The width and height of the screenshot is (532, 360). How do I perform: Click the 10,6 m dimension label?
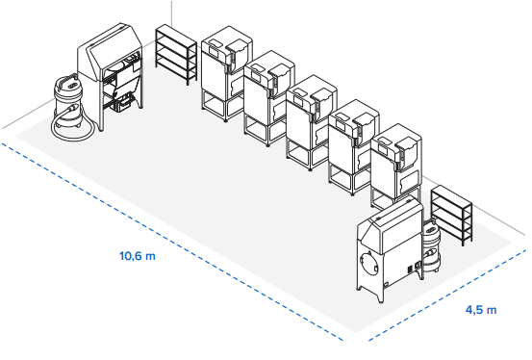point(138,255)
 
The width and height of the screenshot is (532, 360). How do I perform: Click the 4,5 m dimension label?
point(481,310)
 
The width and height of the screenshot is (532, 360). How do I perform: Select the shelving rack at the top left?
point(176,54)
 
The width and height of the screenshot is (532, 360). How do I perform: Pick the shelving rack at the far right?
point(451,215)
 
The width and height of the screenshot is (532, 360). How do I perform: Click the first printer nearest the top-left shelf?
point(226,73)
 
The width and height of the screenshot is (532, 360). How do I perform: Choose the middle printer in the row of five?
point(311,122)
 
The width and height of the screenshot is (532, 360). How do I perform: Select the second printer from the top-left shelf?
point(268,98)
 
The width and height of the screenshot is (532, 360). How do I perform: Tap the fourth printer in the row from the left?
point(353,146)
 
